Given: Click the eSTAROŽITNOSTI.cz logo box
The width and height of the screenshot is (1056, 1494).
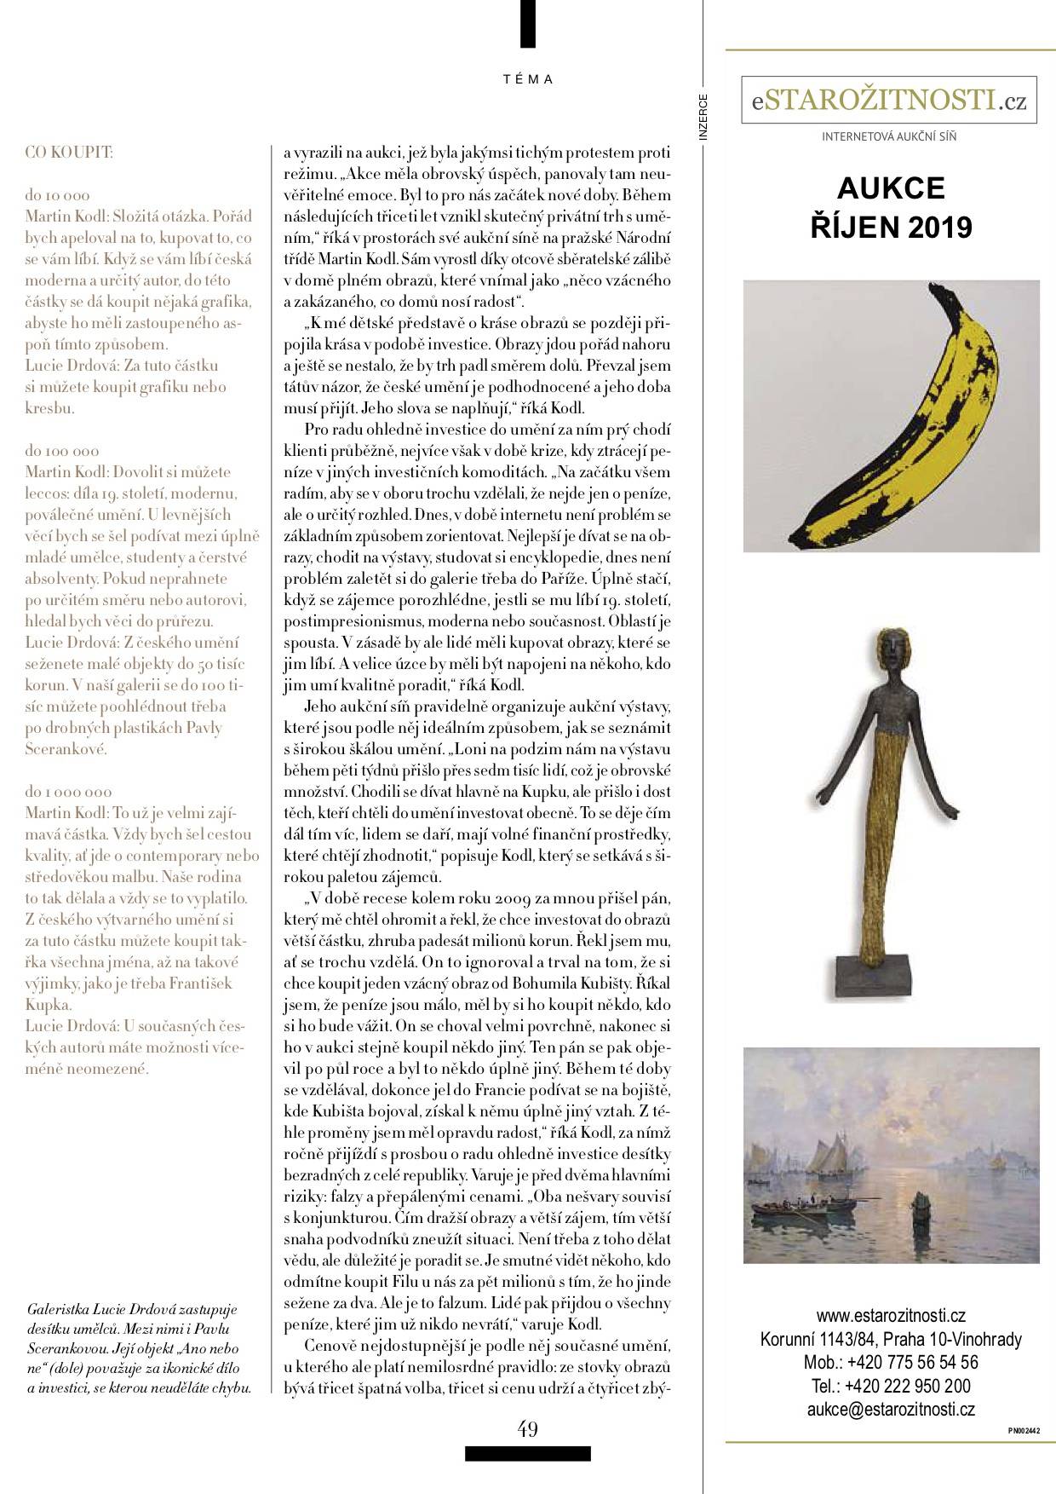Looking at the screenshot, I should coord(889,101).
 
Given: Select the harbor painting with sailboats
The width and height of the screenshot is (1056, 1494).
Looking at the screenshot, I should coord(891,1155).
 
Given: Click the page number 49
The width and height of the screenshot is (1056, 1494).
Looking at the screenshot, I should coord(528,1428).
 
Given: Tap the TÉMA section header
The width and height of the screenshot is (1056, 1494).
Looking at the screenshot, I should coord(528,79).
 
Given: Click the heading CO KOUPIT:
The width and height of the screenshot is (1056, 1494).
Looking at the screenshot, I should coord(69,153).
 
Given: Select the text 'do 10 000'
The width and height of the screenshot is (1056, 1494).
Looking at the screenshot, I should coord(57,195).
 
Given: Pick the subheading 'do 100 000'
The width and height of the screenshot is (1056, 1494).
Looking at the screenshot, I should coord(61,451).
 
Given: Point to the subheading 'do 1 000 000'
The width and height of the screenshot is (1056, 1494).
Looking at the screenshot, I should coord(68,792).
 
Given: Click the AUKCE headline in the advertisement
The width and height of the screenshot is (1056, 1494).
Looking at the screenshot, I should coord(891,187).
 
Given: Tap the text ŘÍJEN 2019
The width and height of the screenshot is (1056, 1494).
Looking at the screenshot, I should coord(891,228).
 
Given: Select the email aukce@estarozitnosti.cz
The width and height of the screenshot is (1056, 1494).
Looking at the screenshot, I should coord(891,1409).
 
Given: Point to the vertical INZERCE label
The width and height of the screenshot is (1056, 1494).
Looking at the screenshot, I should coord(703,115).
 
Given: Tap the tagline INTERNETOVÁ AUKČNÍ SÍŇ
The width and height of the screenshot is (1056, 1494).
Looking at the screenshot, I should coord(889,136).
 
